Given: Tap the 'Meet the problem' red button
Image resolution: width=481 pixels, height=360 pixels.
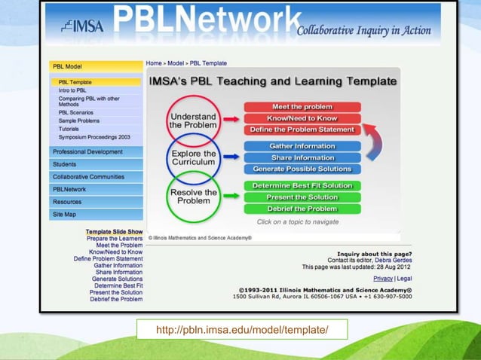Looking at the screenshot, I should [x=302, y=107].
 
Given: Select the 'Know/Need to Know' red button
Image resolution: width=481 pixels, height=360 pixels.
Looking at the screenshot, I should [x=302, y=118].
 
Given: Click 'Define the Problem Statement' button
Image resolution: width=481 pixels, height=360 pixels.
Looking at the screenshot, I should [x=302, y=130].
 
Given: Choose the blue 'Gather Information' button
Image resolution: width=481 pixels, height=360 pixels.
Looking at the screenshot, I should [x=302, y=146].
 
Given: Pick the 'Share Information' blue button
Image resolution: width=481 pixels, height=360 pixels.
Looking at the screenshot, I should [x=302, y=157].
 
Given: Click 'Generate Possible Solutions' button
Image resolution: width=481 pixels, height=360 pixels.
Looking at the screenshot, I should [x=302, y=169].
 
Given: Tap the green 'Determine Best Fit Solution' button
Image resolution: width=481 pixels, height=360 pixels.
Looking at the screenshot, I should [x=302, y=185].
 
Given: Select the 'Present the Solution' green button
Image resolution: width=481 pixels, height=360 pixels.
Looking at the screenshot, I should [x=302, y=197].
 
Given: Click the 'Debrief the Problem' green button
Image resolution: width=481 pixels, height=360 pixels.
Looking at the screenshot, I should [x=302, y=209].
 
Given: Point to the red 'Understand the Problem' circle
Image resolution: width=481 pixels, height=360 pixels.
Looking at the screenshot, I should [x=193, y=121].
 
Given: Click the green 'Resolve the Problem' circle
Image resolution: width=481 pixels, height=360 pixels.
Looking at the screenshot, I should [x=194, y=197].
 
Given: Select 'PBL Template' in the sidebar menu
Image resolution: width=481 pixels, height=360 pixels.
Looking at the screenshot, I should [x=75, y=82].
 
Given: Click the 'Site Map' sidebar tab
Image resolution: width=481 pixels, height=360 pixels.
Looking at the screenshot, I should [x=64, y=215].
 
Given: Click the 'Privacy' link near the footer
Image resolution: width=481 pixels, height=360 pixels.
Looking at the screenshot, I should [x=383, y=278].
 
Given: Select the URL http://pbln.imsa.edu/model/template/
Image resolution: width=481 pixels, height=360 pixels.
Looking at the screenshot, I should [x=241, y=331].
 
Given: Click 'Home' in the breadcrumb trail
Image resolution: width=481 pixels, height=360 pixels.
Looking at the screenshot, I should [x=154, y=63].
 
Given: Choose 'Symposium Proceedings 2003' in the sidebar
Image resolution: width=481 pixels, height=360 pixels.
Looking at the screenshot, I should [x=94, y=137].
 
